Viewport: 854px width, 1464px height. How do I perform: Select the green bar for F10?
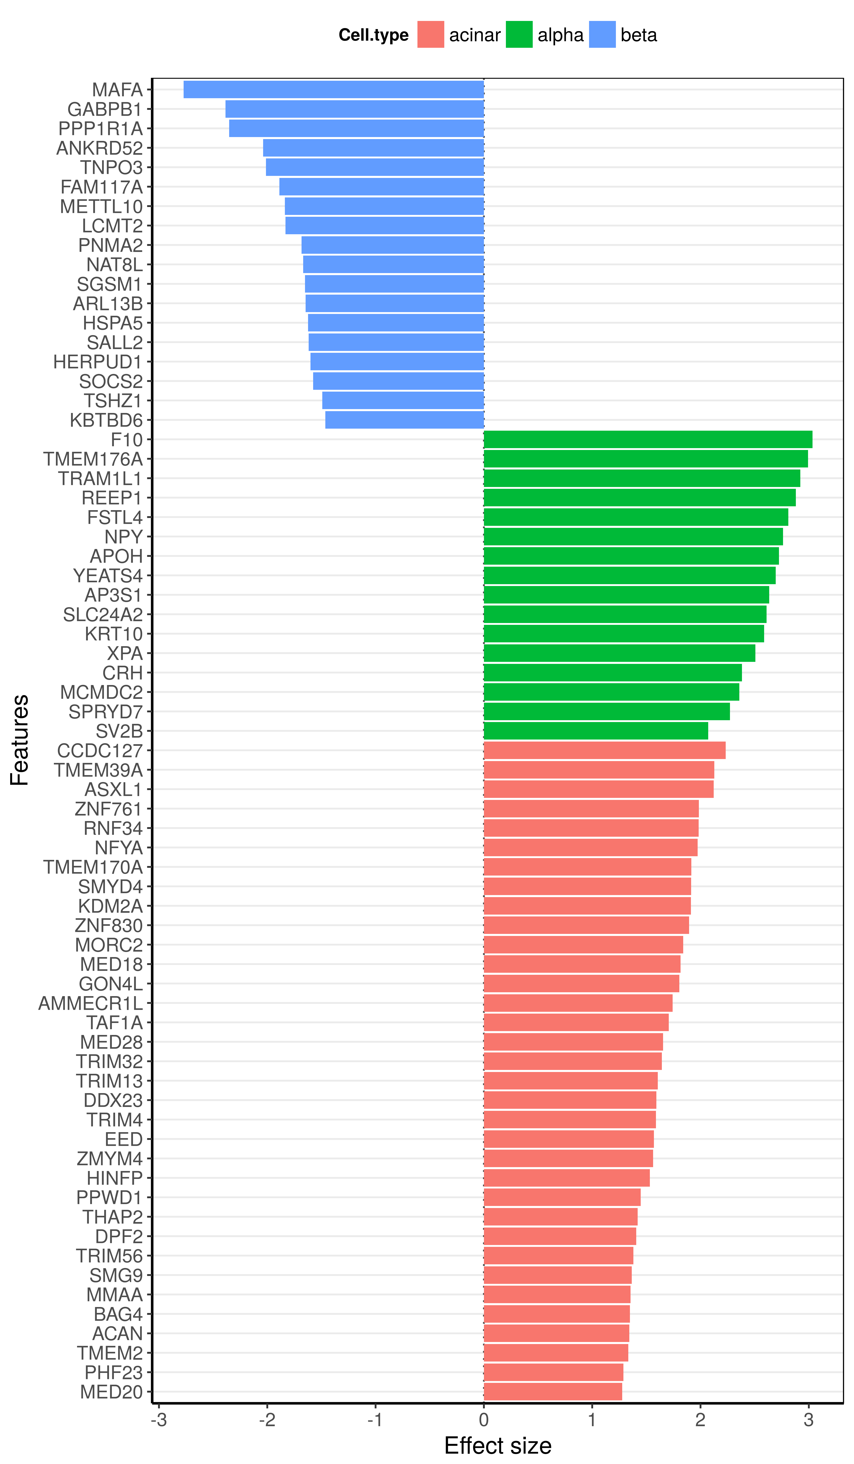tap(648, 439)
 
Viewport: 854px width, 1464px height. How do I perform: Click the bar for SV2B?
tap(596, 731)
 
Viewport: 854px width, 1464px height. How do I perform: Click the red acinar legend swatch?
tap(430, 34)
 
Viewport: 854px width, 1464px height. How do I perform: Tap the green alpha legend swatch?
tap(519, 34)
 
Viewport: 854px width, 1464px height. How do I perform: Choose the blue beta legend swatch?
tap(602, 34)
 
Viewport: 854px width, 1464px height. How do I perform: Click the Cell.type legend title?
tap(374, 35)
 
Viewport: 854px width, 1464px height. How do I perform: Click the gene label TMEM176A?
tap(93, 459)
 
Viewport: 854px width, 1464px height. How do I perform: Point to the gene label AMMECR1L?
tap(91, 1003)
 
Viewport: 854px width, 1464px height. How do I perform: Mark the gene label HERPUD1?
tap(98, 362)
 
